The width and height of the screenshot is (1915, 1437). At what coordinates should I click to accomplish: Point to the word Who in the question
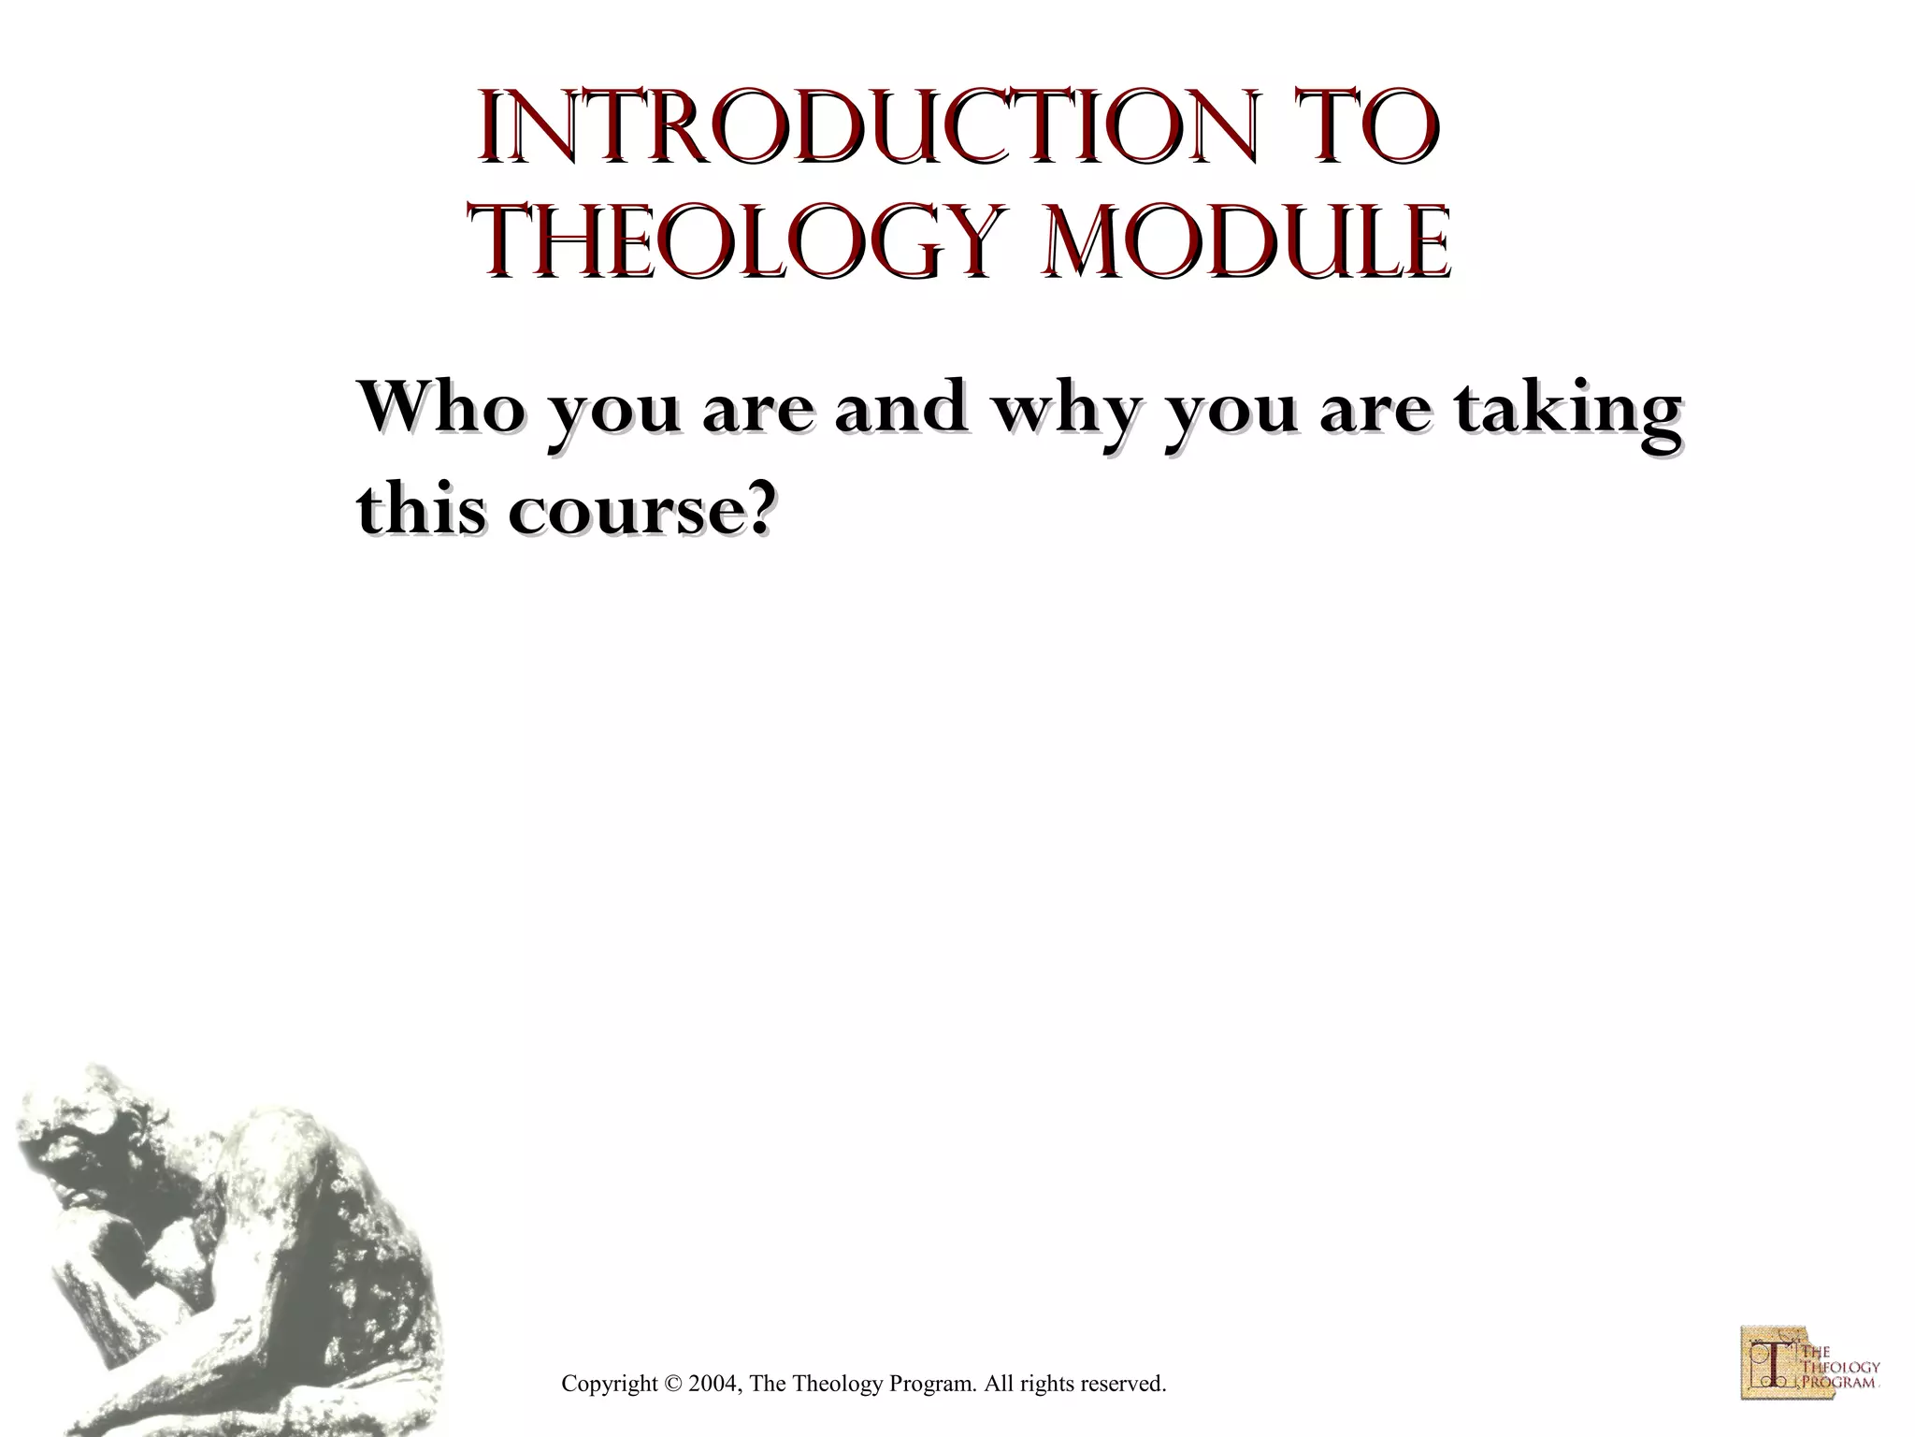pos(436,408)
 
